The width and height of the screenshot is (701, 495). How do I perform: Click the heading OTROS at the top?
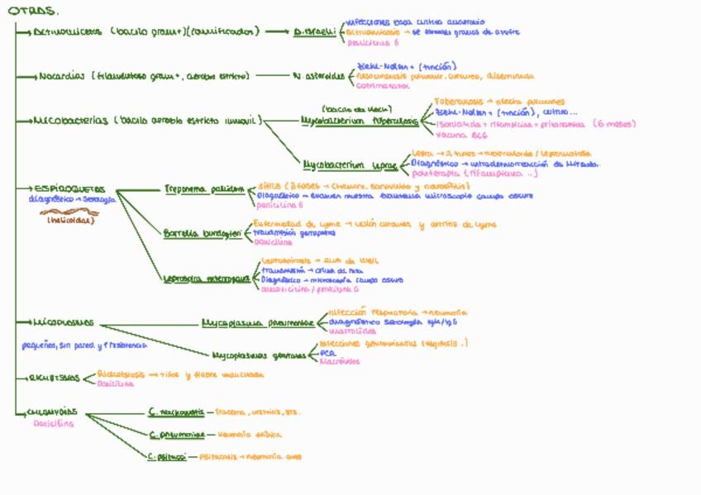pyautogui.click(x=33, y=11)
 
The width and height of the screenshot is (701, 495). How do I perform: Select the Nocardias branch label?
pyautogui.click(x=61, y=76)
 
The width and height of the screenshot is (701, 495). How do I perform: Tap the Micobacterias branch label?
pyautogui.click(x=70, y=120)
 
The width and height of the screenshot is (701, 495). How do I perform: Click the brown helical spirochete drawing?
pyautogui.click(x=69, y=212)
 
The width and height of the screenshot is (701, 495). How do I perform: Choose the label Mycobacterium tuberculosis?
pyautogui.click(x=360, y=121)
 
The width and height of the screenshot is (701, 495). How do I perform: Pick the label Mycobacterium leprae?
pyautogui.click(x=350, y=164)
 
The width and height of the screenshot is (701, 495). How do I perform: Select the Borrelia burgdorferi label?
pyautogui.click(x=203, y=234)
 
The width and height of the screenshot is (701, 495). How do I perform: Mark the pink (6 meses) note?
pyautogui.click(x=614, y=124)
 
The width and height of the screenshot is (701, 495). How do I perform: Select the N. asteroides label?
pyautogui.click(x=318, y=76)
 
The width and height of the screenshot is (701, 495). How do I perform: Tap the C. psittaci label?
pyautogui.click(x=167, y=456)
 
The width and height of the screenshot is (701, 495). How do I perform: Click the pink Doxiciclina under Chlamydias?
pyautogui.click(x=53, y=423)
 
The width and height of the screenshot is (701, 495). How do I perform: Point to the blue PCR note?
pyautogui.click(x=327, y=352)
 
